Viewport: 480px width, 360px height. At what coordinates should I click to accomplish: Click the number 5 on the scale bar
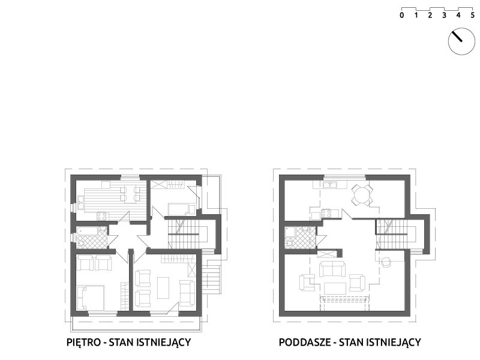pos(473,15)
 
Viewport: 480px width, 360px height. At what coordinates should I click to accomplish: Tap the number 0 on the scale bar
pos(401,15)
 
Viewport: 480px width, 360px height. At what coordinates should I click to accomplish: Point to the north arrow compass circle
pos(461,41)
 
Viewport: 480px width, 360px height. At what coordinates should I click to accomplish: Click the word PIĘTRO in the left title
pos(83,341)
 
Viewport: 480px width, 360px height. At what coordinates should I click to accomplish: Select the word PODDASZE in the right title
pos(305,342)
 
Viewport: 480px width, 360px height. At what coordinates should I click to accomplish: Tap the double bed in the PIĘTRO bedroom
pos(91,298)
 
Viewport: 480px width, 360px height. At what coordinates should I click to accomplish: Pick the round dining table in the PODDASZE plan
pos(362,194)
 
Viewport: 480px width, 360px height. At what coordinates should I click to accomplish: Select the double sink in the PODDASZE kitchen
pos(330,185)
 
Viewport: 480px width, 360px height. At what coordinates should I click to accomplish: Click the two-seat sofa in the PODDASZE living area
pos(332,269)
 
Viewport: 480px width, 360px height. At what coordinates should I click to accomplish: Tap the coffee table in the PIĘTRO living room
pos(163,288)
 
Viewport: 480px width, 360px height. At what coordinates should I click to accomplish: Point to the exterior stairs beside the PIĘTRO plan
pos(212,277)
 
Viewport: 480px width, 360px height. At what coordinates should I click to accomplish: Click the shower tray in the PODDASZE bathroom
pos(290,232)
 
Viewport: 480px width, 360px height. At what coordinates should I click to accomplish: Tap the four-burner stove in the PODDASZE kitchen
pos(325,213)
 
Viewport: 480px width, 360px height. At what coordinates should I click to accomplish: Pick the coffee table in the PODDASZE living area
pos(335,288)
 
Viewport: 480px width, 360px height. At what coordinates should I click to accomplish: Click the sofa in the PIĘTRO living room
pos(187,293)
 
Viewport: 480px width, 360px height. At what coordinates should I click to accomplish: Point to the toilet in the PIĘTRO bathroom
pos(81,244)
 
